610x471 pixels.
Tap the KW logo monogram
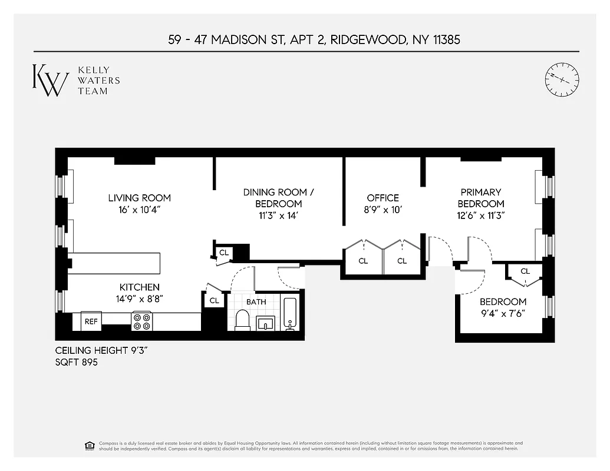coord(50,80)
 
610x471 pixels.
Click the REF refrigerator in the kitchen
coord(91,321)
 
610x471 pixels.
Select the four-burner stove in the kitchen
coord(141,321)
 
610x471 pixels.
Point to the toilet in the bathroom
coord(243,320)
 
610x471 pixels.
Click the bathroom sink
coord(265,323)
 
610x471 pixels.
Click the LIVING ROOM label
coord(139,198)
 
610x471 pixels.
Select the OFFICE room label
coord(383,198)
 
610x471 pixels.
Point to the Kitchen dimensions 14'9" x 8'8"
coord(139,298)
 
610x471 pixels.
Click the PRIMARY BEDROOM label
coord(481,198)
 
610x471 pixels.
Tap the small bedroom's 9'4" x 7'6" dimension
coord(502,313)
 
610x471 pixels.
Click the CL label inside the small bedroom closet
coord(525,271)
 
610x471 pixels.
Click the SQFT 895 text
coord(76,363)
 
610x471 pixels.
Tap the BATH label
coord(256,301)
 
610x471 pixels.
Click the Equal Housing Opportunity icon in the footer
coord(90,445)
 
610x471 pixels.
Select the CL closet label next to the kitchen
coord(214,300)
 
